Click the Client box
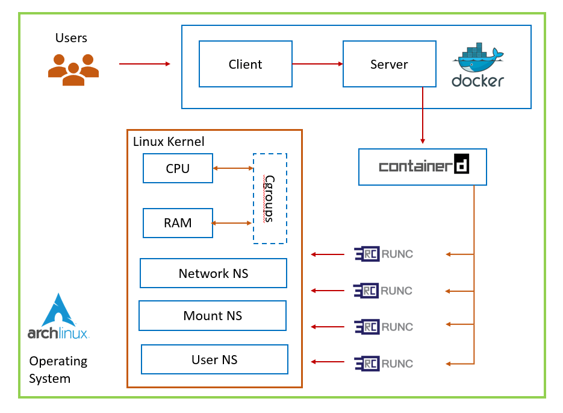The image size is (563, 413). pyautogui.click(x=245, y=64)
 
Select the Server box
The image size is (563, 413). pyautogui.click(x=389, y=64)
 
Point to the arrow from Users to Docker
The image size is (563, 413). pyautogui.click(x=145, y=63)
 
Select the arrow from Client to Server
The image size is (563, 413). pyautogui.click(x=317, y=63)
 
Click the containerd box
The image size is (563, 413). pyautogui.click(x=422, y=166)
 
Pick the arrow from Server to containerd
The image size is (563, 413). pyautogui.click(x=423, y=115)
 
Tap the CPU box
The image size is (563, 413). pyautogui.click(x=178, y=168)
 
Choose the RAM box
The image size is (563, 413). pyautogui.click(x=178, y=223)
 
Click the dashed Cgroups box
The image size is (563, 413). pyautogui.click(x=270, y=198)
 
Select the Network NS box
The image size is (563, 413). pyautogui.click(x=213, y=273)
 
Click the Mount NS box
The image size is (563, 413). pyautogui.click(x=213, y=316)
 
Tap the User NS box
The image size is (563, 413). pyautogui.click(x=214, y=359)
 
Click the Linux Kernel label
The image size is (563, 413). pyautogui.click(x=169, y=142)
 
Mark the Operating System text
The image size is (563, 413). pyautogui.click(x=58, y=370)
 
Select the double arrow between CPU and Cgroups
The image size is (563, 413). pyautogui.click(x=232, y=168)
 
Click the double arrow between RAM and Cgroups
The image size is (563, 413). pyautogui.click(x=232, y=223)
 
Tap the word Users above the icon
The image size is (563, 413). pyautogui.click(x=71, y=38)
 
